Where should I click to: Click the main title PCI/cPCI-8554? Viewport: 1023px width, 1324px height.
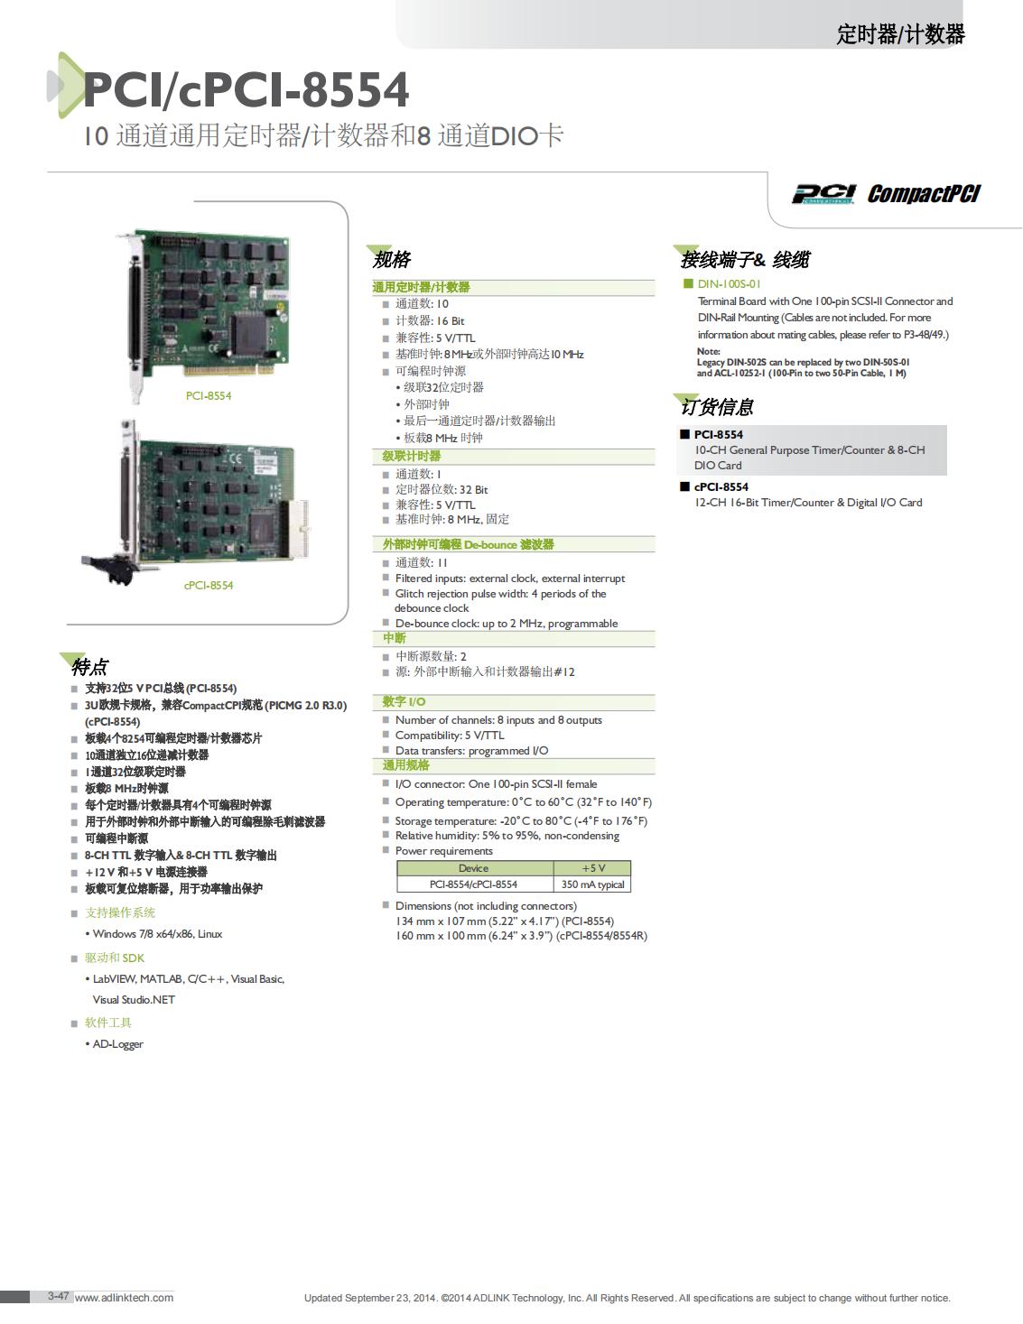[246, 89]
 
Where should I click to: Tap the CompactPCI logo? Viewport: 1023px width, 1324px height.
[924, 194]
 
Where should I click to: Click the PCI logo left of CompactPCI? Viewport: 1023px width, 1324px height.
[823, 194]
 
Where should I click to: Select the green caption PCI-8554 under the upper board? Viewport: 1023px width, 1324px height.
[209, 396]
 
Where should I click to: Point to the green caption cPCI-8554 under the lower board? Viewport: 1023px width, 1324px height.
[209, 586]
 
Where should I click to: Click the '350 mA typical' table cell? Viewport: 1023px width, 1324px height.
[592, 884]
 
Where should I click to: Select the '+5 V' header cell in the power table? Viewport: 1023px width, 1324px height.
[592, 868]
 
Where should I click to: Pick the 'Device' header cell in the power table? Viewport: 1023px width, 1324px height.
[475, 868]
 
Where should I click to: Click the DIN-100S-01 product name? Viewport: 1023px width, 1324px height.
[729, 284]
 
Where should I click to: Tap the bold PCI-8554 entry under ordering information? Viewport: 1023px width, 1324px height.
[719, 434]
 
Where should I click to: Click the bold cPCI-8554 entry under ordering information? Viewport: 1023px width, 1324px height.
[721, 486]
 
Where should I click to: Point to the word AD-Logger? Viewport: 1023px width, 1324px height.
[117, 1044]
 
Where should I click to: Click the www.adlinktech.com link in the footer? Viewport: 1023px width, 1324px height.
[125, 1298]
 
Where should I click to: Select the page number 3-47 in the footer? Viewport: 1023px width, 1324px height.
[59, 1296]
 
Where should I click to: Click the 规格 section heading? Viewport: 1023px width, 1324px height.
[392, 260]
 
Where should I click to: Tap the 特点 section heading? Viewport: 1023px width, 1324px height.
[89, 667]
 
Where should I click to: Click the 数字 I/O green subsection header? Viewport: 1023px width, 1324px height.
[404, 702]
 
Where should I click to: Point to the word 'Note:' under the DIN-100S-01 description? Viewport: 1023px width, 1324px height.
[709, 352]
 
